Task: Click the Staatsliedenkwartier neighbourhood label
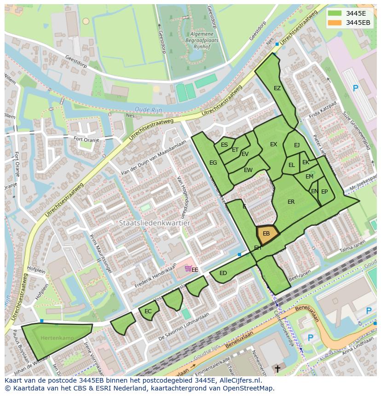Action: [x=154, y=223]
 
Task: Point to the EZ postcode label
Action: [x=277, y=88]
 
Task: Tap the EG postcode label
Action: [x=213, y=163]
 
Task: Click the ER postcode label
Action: [x=291, y=202]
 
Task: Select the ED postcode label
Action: [x=223, y=273]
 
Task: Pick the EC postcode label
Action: [x=148, y=311]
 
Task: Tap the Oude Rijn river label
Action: [x=146, y=109]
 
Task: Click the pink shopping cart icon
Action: [x=188, y=269]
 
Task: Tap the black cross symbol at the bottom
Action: [x=277, y=369]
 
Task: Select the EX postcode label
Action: [x=273, y=144]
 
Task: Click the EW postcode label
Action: [x=248, y=170]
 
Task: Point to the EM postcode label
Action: [x=309, y=177]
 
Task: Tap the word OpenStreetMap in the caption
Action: [x=248, y=388]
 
